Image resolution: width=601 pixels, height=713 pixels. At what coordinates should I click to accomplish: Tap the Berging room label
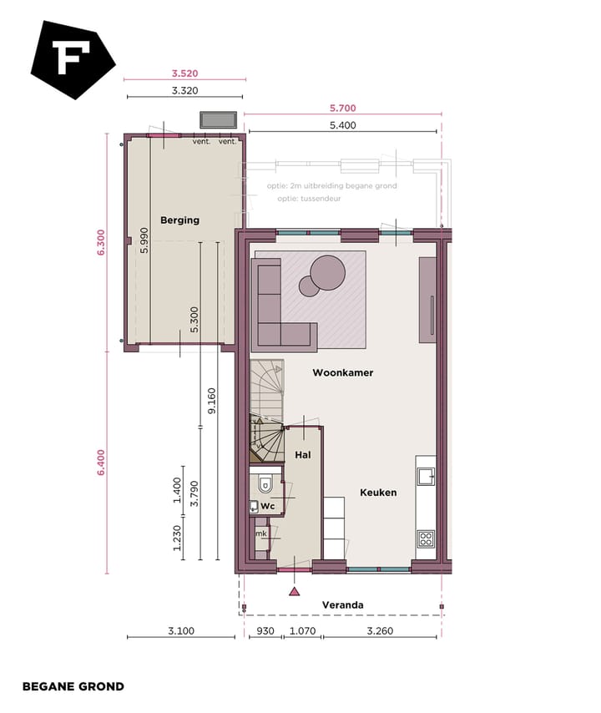(x=180, y=220)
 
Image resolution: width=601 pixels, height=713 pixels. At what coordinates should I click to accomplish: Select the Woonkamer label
(x=342, y=372)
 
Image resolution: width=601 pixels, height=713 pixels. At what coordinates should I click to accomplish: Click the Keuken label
(x=378, y=493)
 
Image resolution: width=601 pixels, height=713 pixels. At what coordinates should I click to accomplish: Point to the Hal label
(x=303, y=455)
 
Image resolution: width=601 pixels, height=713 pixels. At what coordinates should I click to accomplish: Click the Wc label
(x=268, y=507)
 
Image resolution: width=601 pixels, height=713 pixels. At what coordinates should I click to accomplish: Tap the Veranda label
(x=343, y=605)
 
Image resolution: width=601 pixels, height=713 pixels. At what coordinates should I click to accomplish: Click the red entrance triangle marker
(x=294, y=592)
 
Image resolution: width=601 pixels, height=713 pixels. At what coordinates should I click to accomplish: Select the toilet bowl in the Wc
(x=265, y=483)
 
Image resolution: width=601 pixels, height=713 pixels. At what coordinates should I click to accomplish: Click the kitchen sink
(x=426, y=476)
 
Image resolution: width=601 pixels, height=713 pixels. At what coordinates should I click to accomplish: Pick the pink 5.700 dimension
(x=342, y=109)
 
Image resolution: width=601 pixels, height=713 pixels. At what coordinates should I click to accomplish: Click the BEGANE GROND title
(x=73, y=686)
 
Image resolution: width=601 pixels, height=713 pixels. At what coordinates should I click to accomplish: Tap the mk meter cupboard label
(x=260, y=533)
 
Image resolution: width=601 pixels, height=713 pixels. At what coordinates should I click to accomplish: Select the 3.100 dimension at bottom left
(x=180, y=631)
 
